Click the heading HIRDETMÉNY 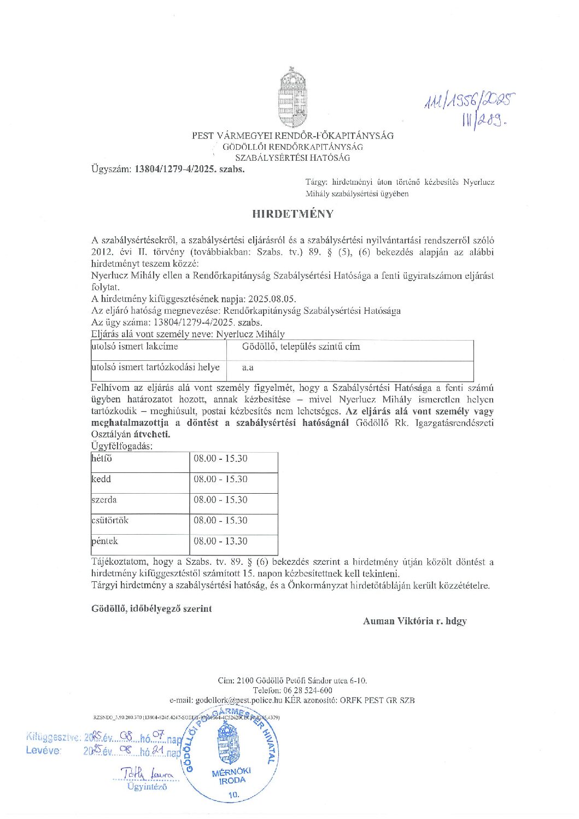pyautogui.click(x=293, y=214)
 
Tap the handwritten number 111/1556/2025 pyautogui.click(x=470, y=100)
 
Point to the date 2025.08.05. pyautogui.click(x=272, y=299)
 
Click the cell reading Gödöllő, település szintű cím pyautogui.click(x=301, y=347)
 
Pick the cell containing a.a pyautogui.click(x=248, y=368)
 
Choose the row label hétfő pyautogui.click(x=102, y=459)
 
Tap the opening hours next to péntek pyautogui.click(x=220, y=541)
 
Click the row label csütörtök pyautogui.click(x=110, y=520)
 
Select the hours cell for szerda pyautogui.click(x=220, y=500)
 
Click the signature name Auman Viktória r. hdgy pyautogui.click(x=414, y=621)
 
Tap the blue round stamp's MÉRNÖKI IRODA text pyautogui.click(x=232, y=775)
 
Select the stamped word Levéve pyautogui.click(x=43, y=751)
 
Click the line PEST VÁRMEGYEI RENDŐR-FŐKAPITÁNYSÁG pyautogui.click(x=293, y=136)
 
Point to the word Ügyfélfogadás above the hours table pyautogui.click(x=122, y=446)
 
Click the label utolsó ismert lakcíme pyautogui.click(x=134, y=347)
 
